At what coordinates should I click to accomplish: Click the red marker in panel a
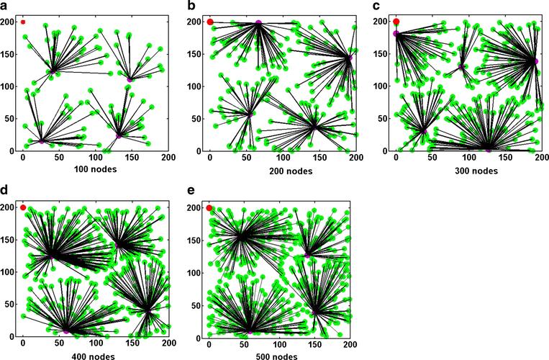(23, 22)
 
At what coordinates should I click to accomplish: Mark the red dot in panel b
(210, 22)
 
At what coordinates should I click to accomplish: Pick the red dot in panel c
(396, 22)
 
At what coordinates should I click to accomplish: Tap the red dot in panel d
(23, 207)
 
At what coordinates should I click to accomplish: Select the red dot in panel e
(209, 207)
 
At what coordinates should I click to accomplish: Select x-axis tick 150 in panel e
(315, 343)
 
